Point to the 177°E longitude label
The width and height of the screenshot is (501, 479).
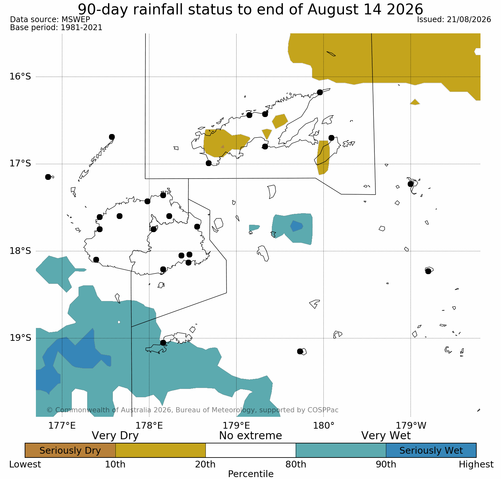pyautogui.click(x=62, y=426)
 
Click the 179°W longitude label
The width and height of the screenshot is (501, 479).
pyautogui.click(x=411, y=426)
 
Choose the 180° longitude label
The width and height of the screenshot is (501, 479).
pyautogui.click(x=324, y=426)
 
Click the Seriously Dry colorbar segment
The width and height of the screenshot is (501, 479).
pyautogui.click(x=70, y=450)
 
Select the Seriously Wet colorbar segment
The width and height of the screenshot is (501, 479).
pyautogui.click(x=431, y=450)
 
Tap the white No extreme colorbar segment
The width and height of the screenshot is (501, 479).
pyautogui.click(x=251, y=450)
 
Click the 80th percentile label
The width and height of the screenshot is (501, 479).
pyautogui.click(x=296, y=465)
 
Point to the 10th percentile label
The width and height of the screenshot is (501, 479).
pyautogui.click(x=115, y=465)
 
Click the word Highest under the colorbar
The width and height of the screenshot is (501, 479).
pyautogui.click(x=476, y=465)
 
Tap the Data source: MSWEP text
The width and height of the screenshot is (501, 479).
pyautogui.click(x=50, y=20)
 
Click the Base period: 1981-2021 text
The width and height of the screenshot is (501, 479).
pyautogui.click(x=56, y=28)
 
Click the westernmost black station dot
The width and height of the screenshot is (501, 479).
pyautogui.click(x=48, y=177)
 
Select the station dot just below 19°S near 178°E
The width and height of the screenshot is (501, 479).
pyautogui.click(x=163, y=343)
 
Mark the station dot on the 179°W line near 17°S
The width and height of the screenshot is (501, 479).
pyautogui.click(x=411, y=184)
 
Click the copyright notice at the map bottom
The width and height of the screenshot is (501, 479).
pyautogui.click(x=193, y=410)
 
